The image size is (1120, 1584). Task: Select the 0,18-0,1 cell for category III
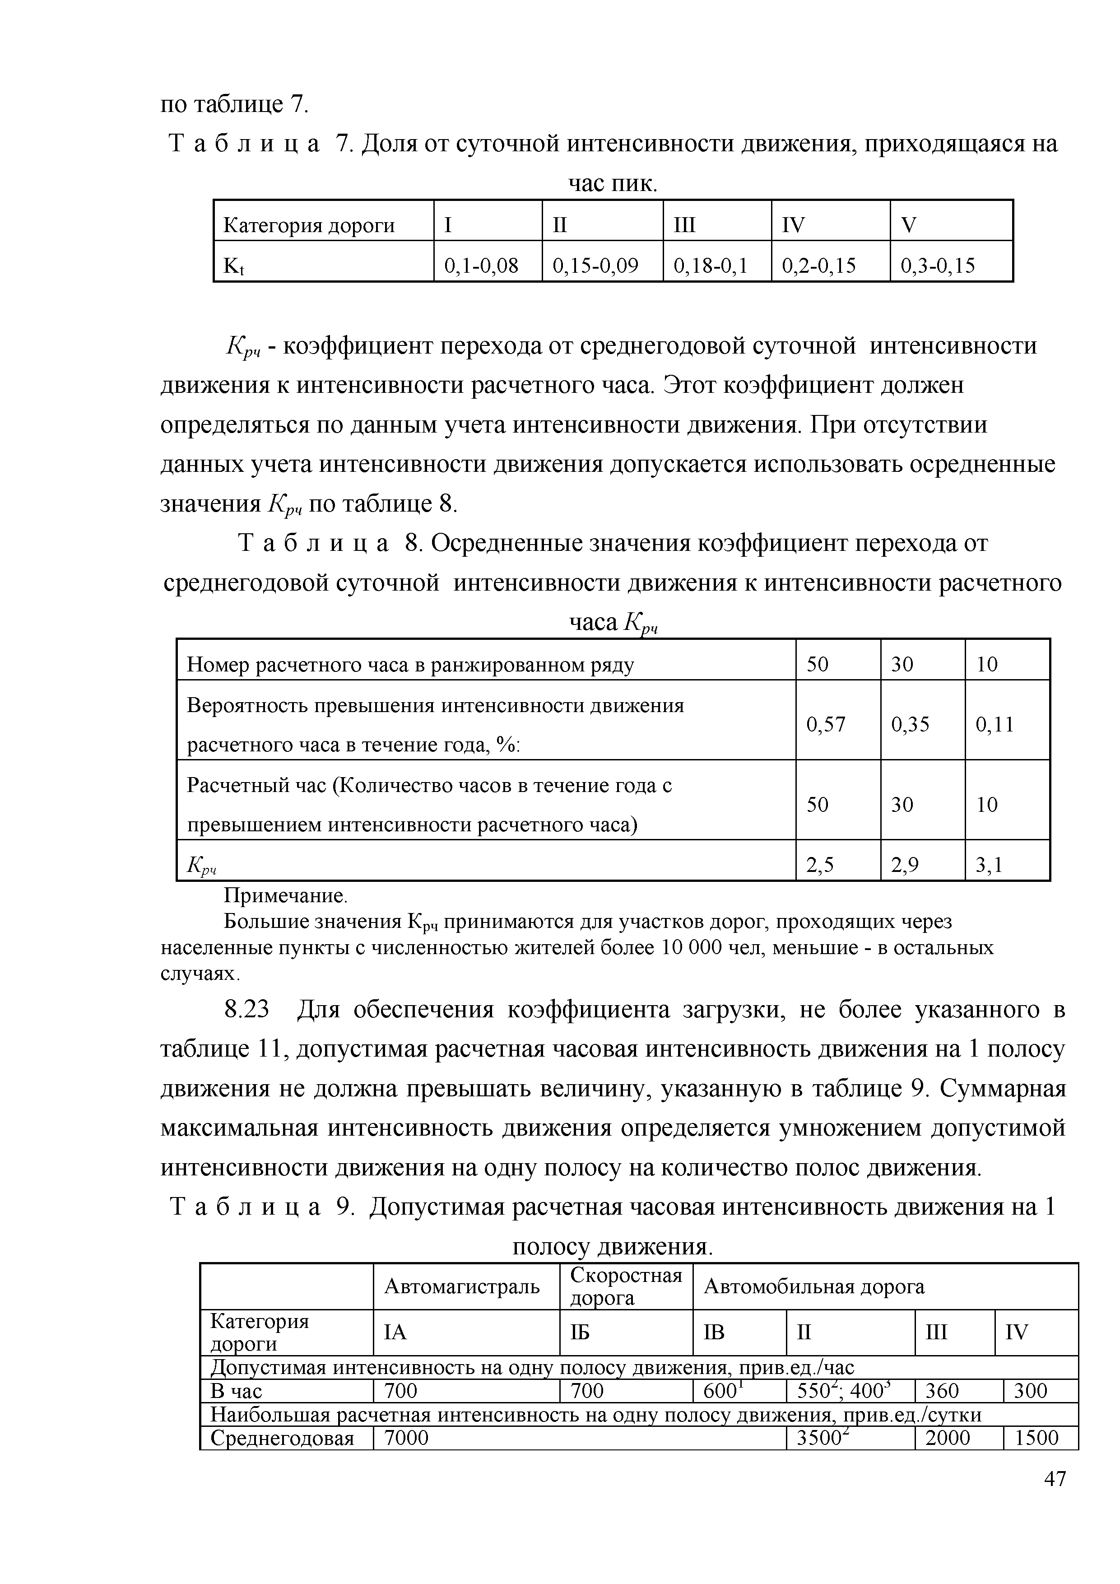click(x=711, y=266)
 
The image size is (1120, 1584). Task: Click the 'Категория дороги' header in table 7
click(x=309, y=226)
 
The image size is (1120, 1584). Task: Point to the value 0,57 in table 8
click(x=826, y=724)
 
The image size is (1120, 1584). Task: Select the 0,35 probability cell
click(x=911, y=724)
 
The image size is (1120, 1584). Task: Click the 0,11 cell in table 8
click(x=995, y=724)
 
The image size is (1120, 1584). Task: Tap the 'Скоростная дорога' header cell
click(x=626, y=1286)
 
